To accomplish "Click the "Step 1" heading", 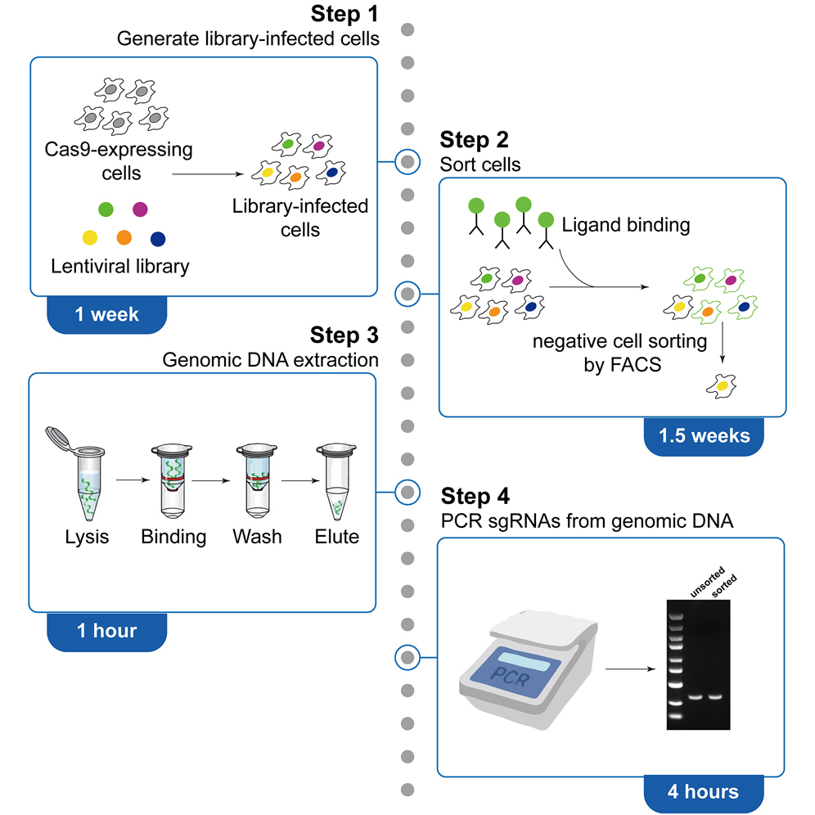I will tap(347, 15).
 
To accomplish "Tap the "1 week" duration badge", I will tap(106, 314).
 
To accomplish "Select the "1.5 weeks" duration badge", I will tap(704, 435).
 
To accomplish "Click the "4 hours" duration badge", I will tap(704, 791).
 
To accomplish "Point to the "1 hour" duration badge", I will tap(106, 630).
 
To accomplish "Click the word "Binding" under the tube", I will tap(173, 538).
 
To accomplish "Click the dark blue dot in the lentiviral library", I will tap(159, 239).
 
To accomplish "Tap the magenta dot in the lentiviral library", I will tap(140, 209).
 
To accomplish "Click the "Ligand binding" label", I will tap(626, 223).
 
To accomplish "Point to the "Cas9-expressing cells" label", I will tap(119, 161).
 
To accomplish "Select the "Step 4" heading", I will tap(475, 497).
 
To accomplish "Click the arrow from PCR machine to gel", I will tap(631, 669).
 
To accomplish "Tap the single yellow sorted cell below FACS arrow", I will tap(721, 381).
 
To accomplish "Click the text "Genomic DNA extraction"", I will tap(270, 359).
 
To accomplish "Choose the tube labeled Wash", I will tap(257, 481).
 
